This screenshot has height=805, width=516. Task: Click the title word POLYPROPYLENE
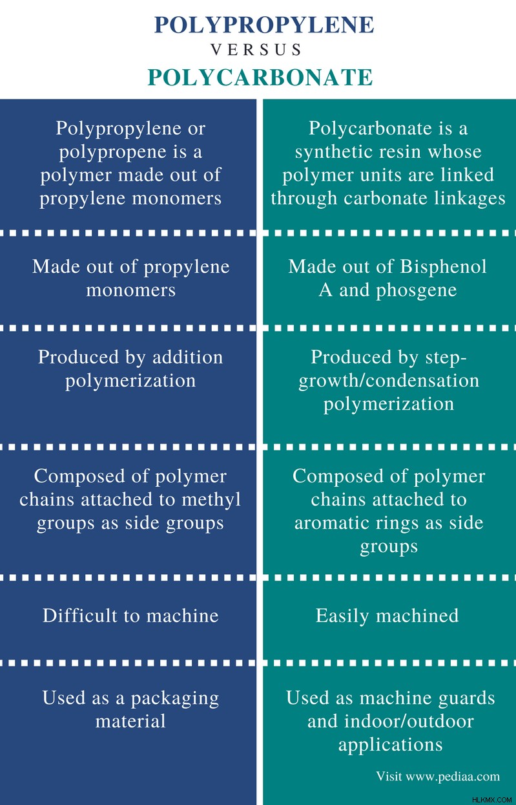click(x=264, y=25)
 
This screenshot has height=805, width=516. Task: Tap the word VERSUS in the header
click(x=256, y=50)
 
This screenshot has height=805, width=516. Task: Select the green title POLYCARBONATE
click(x=260, y=77)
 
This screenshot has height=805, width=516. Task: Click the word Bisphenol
click(x=443, y=267)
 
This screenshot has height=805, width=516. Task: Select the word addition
click(x=188, y=357)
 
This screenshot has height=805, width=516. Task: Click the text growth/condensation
click(x=389, y=381)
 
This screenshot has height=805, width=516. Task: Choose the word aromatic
click(x=333, y=523)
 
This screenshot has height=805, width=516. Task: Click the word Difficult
click(x=80, y=616)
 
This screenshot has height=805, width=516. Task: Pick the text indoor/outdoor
click(x=409, y=721)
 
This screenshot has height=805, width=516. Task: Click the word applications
click(x=391, y=746)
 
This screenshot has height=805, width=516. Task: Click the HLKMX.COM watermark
click(x=492, y=799)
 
